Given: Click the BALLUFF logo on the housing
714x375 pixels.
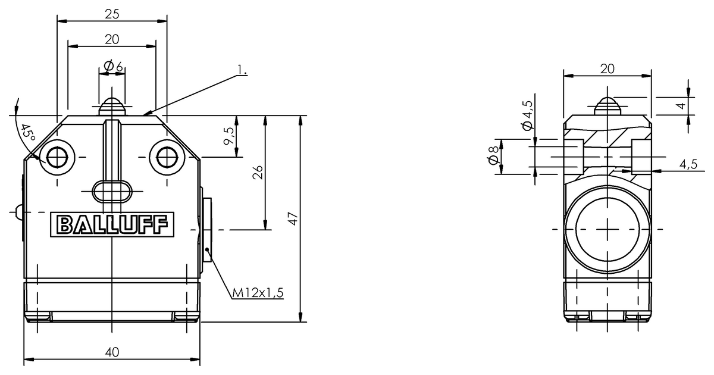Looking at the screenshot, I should [x=112, y=224].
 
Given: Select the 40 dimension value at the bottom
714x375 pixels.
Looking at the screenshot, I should [x=112, y=352].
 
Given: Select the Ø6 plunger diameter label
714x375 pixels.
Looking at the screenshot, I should [x=112, y=67].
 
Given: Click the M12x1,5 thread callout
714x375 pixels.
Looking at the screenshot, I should [x=258, y=292].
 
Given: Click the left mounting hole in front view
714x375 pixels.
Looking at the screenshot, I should [x=58, y=157].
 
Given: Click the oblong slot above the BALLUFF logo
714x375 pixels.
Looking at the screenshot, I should [x=112, y=191].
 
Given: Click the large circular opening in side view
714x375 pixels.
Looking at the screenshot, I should [x=607, y=229].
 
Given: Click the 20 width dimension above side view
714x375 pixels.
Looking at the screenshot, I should [x=607, y=68].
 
